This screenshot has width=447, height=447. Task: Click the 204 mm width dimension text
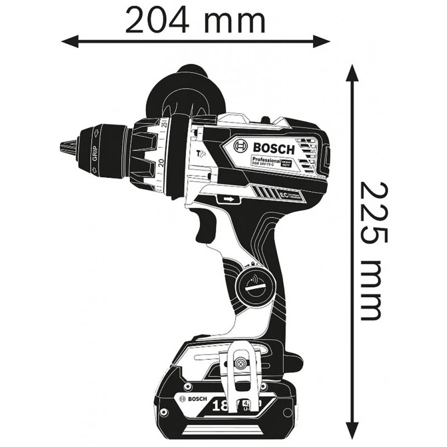click(195, 21)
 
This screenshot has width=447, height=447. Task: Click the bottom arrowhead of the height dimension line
click(351, 432)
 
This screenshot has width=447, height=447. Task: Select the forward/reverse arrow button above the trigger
click(227, 198)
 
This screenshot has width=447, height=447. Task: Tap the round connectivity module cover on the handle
click(255, 286)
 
